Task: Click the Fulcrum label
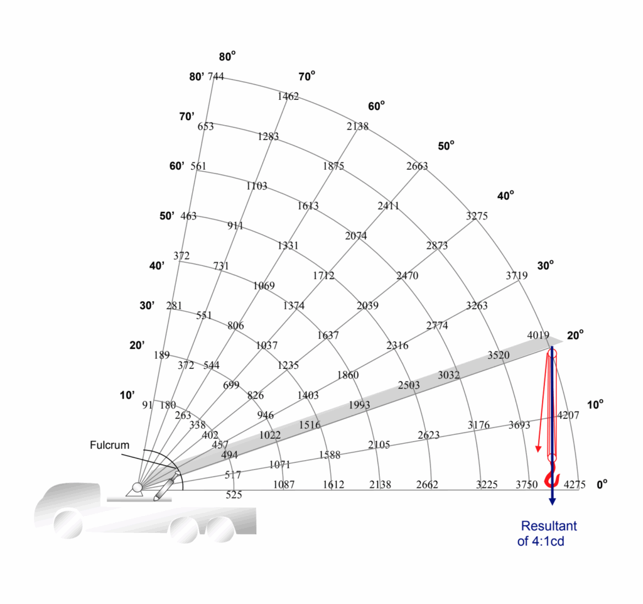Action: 110,445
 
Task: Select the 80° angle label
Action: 227,57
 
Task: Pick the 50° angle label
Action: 446,146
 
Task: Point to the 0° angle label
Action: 602,485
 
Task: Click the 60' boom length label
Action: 176,166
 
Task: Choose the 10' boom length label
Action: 127,395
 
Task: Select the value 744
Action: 215,77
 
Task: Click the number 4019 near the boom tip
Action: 538,336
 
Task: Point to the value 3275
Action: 477,216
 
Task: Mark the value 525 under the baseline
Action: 234,495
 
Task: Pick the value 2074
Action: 356,236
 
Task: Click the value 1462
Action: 288,97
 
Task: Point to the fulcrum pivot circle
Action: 137,487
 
